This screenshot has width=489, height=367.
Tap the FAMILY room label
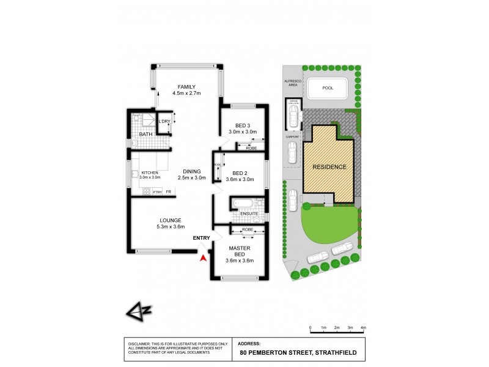point(186,86)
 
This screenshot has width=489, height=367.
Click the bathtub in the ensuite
point(242,203)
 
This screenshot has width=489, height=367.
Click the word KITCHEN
point(150,172)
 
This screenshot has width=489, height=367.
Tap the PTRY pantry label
point(158,193)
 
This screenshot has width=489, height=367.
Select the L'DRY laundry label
point(164,121)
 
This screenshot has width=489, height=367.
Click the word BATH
point(145,134)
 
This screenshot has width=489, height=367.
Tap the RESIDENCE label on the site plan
point(329,167)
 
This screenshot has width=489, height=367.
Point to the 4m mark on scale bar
point(363,328)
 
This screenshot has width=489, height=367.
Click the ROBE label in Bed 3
point(251,148)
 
